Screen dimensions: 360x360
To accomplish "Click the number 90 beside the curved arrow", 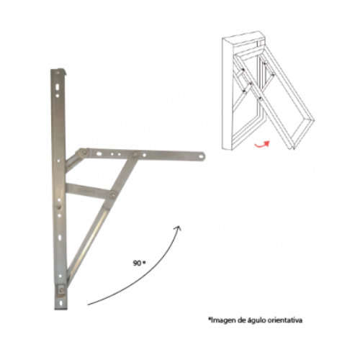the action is pyautogui.click(x=137, y=264).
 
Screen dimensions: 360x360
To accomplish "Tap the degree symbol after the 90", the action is pyautogui.click(x=144, y=262).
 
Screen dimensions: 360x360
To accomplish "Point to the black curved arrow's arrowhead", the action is pyautogui.click(x=178, y=228).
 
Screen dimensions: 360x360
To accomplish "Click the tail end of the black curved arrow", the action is pyautogui.click(x=88, y=305).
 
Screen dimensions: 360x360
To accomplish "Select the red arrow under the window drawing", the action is pyautogui.click(x=262, y=144).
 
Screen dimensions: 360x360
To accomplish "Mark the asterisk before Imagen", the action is pyautogui.click(x=210, y=319).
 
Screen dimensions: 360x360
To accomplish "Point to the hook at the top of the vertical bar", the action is pyautogui.click(x=64, y=72).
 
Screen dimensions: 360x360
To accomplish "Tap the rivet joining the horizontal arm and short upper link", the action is pyautogui.click(x=84, y=152).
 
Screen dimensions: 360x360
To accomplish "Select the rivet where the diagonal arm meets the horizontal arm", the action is pyautogui.click(x=136, y=155).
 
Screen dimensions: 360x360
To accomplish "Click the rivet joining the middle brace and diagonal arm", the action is pyautogui.click(x=112, y=195).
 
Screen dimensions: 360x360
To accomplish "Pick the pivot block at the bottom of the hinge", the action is pyautogui.click(x=62, y=290).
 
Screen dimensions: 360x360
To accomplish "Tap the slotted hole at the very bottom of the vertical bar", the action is pyautogui.click(x=61, y=303).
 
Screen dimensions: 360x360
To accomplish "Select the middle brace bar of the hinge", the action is pyautogui.click(x=89, y=190).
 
